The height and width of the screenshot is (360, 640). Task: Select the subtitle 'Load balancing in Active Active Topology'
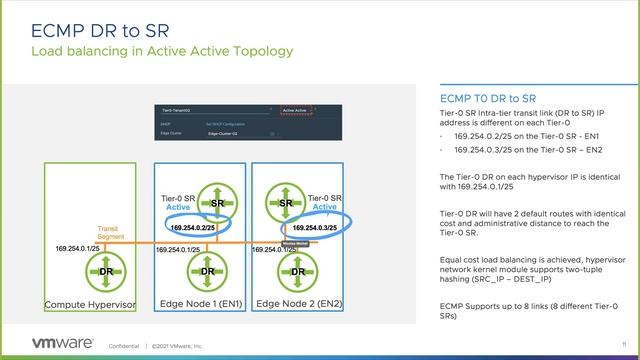pyautogui.click(x=162, y=51)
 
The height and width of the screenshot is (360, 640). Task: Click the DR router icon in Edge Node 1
pyautogui.click(x=208, y=271)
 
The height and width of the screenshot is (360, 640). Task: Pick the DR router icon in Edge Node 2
pyautogui.click(x=297, y=271)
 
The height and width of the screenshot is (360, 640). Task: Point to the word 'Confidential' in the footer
pyautogui.click(x=124, y=346)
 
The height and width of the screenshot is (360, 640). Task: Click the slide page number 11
pyautogui.click(x=623, y=346)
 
